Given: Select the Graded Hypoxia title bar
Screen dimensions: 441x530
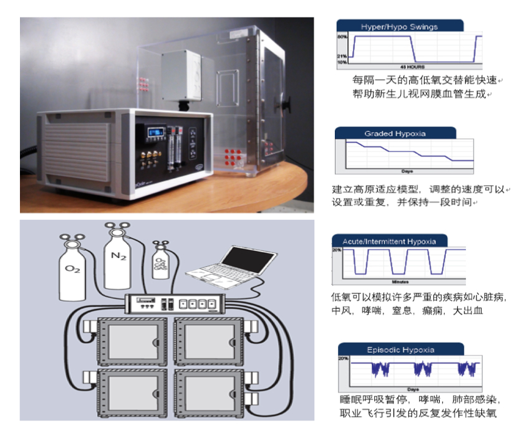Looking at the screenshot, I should coord(394,134).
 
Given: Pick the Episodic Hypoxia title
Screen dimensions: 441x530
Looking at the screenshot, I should coord(401,349).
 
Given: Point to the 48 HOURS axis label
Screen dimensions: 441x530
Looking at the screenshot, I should coord(410,66).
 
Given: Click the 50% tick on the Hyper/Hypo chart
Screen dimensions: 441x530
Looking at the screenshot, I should coord(342,37).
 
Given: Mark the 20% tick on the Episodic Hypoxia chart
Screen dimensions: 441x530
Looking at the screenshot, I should coord(343,359).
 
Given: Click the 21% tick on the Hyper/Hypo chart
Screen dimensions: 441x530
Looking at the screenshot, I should coord(342,57).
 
